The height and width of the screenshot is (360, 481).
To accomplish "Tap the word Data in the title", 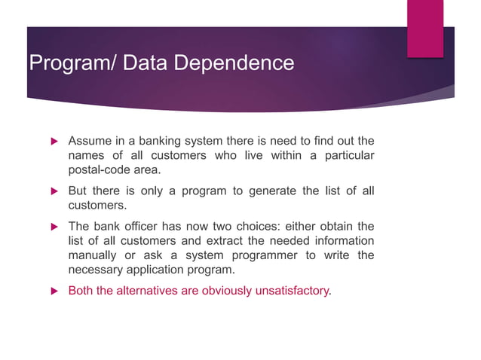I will [x=147, y=63].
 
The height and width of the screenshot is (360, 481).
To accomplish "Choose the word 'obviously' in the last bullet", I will [x=225, y=290].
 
